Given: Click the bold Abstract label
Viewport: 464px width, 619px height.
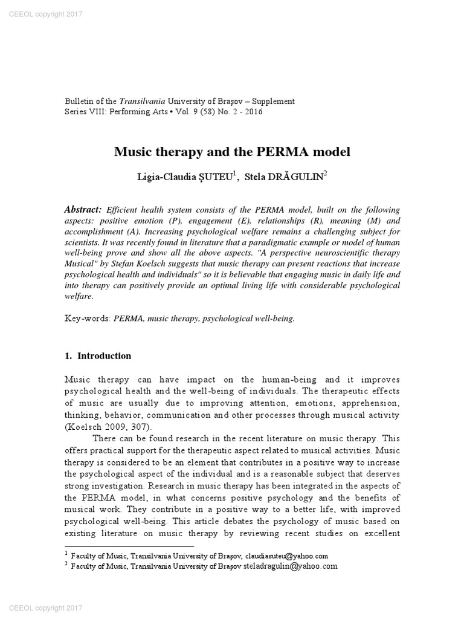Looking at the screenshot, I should coord(83,210).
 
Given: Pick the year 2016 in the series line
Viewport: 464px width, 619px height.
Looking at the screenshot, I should coord(252,112).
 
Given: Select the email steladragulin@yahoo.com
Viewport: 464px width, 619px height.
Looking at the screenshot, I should coord(291,566).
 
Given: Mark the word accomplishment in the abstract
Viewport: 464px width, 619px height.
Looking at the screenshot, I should coord(93,232).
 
